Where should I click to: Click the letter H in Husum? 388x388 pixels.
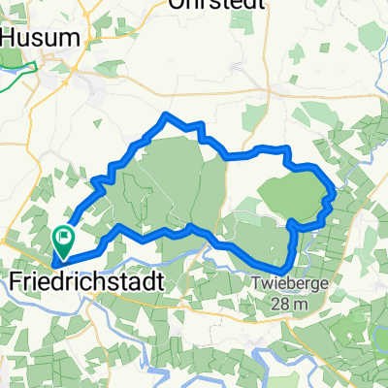[x=12, y=38]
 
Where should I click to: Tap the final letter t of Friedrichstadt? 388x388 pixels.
[x=157, y=279]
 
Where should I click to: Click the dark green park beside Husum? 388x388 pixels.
[x=10, y=58]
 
